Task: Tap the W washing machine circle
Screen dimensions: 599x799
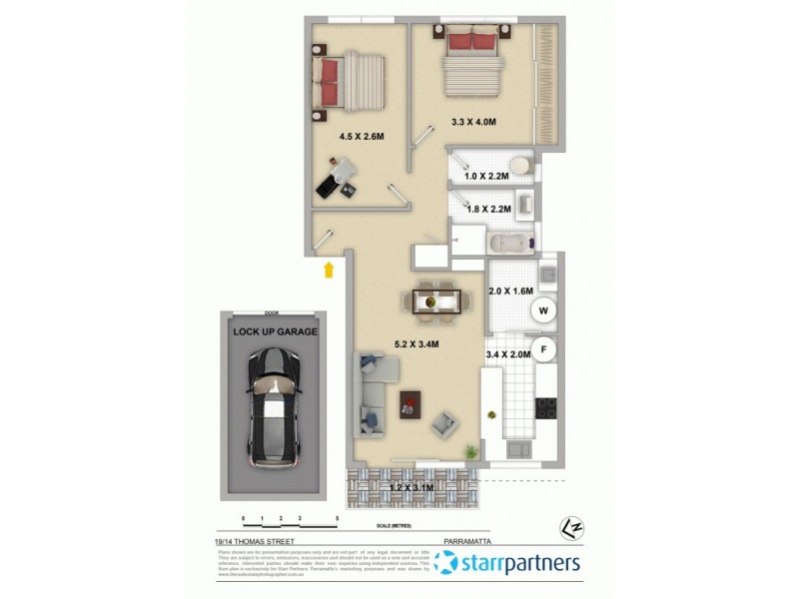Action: tap(544, 310)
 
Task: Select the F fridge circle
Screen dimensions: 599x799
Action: tap(544, 349)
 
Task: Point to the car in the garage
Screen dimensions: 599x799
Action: tap(273, 409)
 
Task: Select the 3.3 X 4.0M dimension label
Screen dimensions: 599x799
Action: tap(473, 122)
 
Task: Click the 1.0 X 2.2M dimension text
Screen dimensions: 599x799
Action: tap(487, 176)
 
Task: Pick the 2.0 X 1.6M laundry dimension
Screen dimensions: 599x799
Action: tap(511, 292)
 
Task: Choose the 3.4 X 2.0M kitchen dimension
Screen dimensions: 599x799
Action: tap(508, 353)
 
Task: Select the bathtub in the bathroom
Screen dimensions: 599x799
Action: tap(510, 243)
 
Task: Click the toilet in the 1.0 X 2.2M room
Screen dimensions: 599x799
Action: tap(519, 165)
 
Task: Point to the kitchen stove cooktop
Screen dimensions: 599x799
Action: tap(545, 407)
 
